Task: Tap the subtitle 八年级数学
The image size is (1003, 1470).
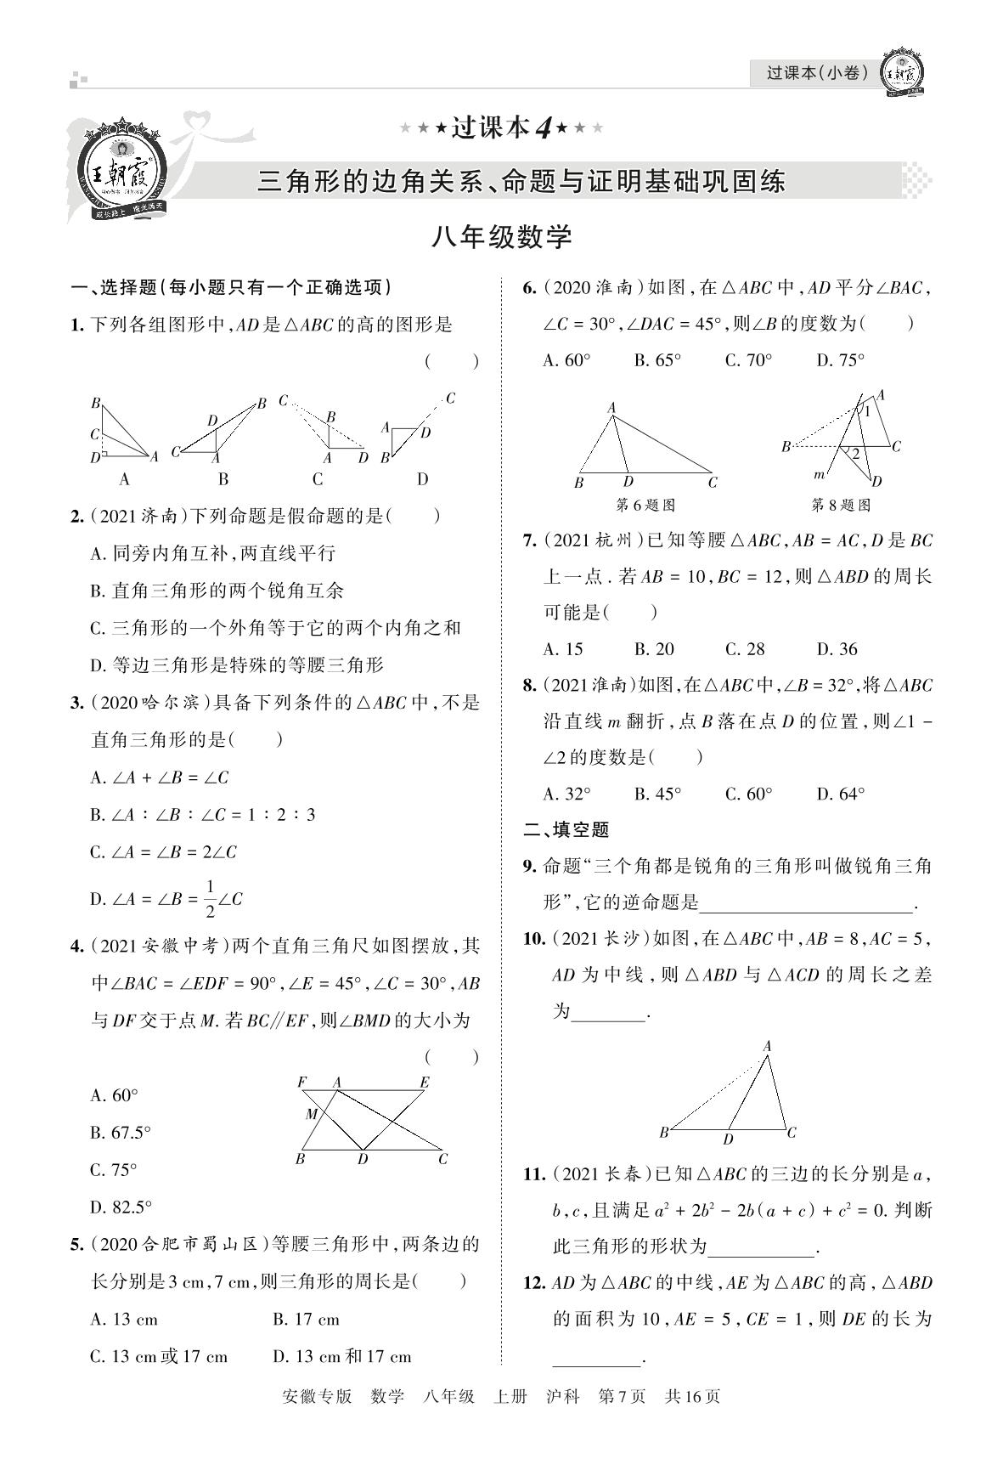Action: [501, 237]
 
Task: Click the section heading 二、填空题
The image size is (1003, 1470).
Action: [566, 829]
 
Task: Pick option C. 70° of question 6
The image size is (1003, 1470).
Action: [748, 360]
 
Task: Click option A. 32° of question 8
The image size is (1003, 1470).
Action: [566, 794]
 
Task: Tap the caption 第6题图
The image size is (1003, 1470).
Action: [645, 505]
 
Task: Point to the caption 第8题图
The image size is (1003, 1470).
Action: [841, 505]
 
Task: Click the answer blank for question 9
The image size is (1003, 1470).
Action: [806, 902]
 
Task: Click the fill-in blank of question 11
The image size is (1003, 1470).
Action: [761, 1247]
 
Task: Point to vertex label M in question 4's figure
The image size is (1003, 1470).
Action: [311, 1114]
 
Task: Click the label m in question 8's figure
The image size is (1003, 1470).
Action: [819, 474]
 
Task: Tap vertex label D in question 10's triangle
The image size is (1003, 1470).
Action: [728, 1139]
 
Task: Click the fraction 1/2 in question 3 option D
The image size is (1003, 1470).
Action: [210, 899]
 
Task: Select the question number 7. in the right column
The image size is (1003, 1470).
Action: [529, 540]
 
